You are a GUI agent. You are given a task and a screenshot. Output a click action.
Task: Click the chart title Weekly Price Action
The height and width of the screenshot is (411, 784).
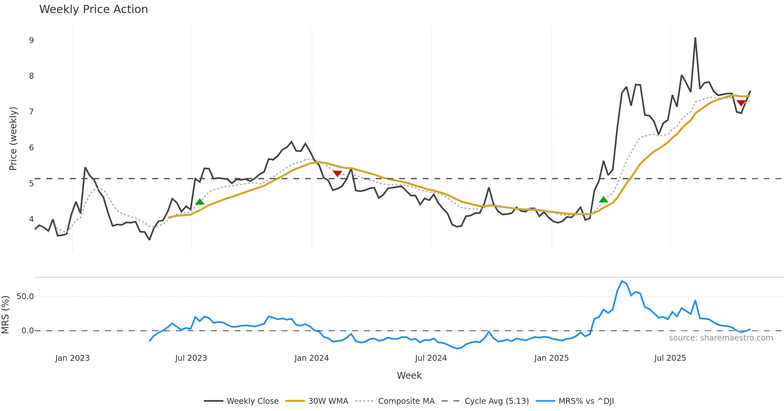click(93, 9)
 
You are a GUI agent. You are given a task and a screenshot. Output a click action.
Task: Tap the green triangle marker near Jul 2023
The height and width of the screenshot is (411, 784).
click(200, 202)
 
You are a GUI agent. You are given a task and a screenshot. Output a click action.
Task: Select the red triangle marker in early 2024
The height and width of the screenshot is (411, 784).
click(337, 174)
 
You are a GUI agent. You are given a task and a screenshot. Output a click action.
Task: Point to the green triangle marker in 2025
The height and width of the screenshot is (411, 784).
click(603, 200)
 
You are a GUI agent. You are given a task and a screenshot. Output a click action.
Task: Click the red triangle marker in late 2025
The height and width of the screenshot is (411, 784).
click(741, 103)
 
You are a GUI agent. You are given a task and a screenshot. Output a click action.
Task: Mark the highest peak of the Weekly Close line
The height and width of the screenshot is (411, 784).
click(695, 38)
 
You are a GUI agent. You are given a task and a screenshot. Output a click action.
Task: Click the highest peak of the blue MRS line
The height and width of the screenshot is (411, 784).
click(622, 281)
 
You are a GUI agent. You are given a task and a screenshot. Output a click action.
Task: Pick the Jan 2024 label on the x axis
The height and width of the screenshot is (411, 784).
click(311, 358)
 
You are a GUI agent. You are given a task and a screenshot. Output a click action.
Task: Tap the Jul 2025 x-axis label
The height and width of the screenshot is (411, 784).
click(670, 358)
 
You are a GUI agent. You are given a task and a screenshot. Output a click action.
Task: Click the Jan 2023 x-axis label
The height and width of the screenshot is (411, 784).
click(72, 358)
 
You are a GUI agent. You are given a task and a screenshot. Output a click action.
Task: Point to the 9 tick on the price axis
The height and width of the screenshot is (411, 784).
click(31, 40)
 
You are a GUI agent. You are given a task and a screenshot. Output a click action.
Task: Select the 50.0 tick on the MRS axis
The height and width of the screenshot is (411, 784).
click(25, 297)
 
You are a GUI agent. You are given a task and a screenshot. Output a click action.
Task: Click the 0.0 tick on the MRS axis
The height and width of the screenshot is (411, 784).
click(27, 331)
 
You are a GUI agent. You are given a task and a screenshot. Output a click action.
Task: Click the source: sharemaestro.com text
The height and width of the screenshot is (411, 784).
click(721, 338)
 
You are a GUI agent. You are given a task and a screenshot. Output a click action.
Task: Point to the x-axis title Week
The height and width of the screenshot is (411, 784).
click(409, 376)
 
